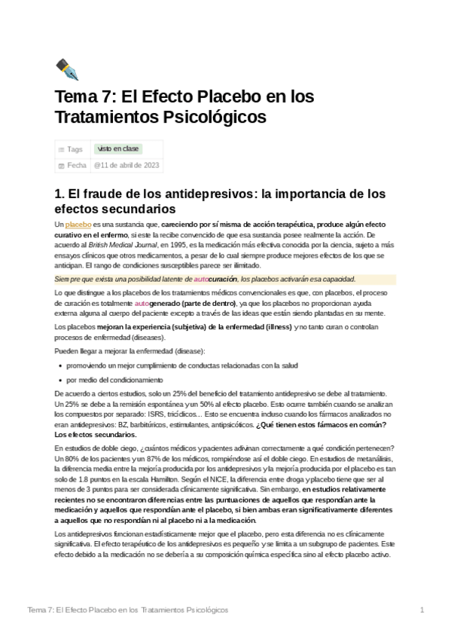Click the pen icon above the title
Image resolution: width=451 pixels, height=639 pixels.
pyautogui.click(x=67, y=69)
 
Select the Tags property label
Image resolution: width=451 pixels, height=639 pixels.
pyautogui.click(x=75, y=149)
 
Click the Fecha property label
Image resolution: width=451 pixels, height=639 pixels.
pyautogui.click(x=77, y=165)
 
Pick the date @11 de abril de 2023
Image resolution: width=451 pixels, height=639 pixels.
pyautogui.click(x=126, y=165)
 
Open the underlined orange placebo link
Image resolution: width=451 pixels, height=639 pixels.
pyautogui.click(x=78, y=225)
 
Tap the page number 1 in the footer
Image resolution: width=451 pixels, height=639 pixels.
pyautogui.click(x=422, y=609)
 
